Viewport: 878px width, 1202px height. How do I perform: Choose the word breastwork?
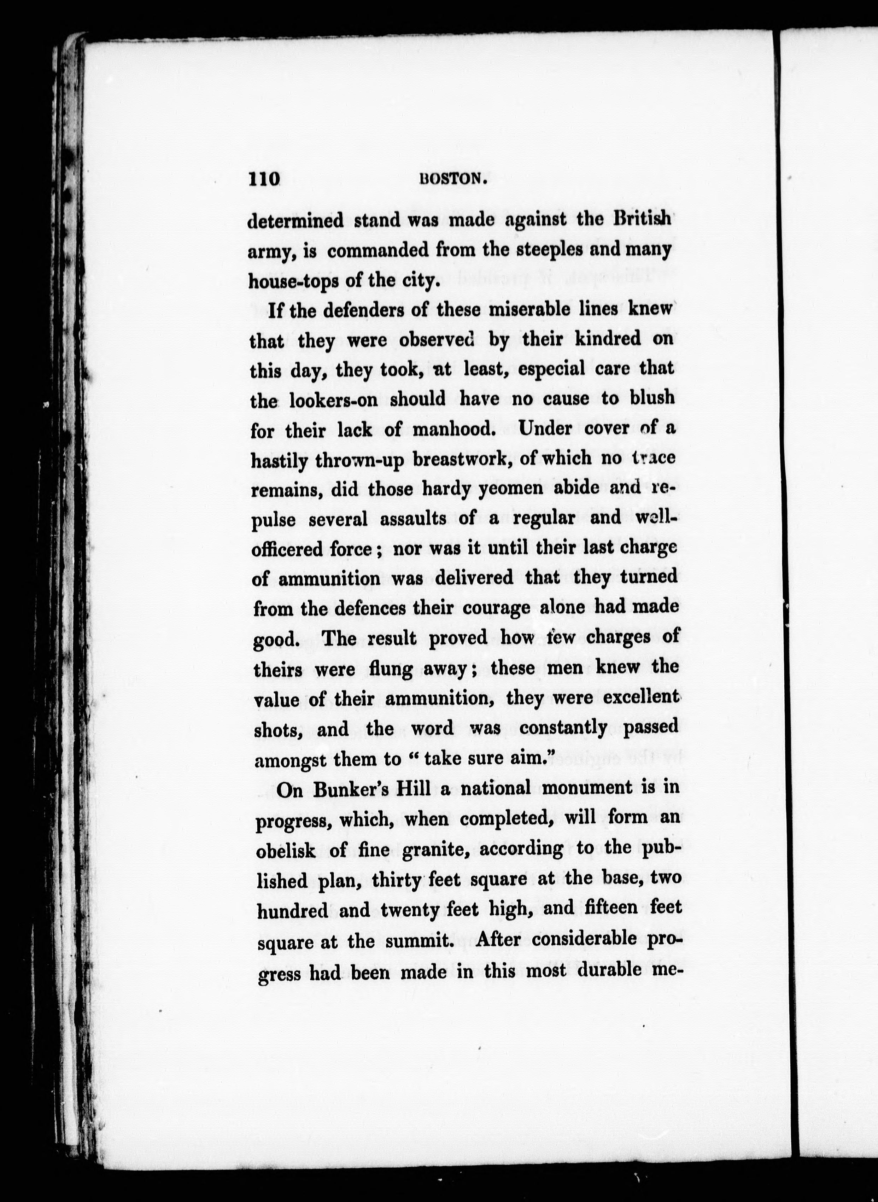click(x=462, y=458)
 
